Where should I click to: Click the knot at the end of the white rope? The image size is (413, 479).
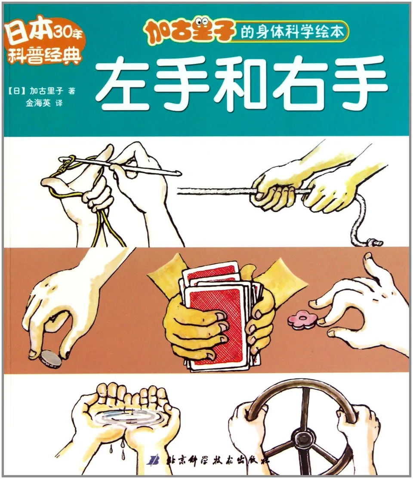click(373, 243)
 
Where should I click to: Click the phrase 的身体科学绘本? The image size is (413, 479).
click(292, 34)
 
